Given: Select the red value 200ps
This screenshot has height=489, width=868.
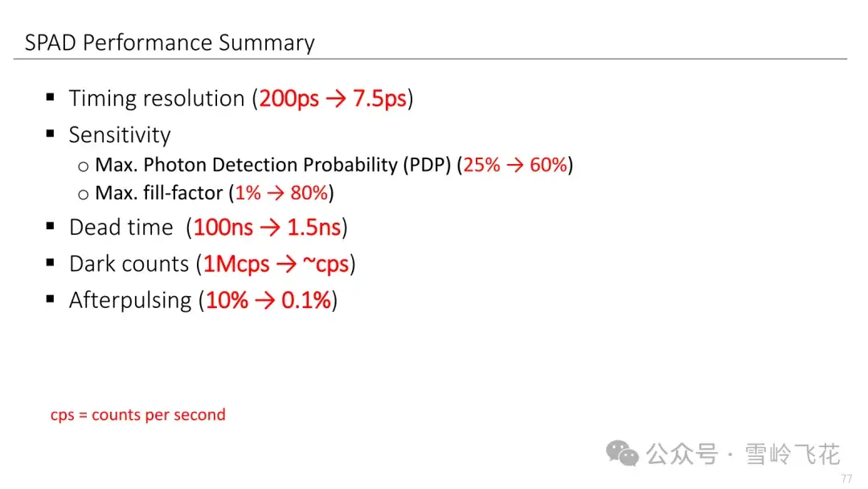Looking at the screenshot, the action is pos(289,99).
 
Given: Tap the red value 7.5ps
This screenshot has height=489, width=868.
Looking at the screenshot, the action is pos(379,99).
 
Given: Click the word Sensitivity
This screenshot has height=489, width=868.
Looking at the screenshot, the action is pos(120,135).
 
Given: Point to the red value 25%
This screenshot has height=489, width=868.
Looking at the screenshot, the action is pos(481,165).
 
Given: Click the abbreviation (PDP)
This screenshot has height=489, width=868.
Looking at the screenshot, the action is pos(427,165).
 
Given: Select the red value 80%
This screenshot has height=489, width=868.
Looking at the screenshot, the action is pos(309,193).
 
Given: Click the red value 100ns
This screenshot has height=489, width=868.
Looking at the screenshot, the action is pos(223,227).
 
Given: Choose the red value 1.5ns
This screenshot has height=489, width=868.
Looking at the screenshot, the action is pos(314,227).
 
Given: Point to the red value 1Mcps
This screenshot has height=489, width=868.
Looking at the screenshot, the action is pos(236,264).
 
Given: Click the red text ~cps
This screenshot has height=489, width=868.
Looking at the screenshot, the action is pos(326,264).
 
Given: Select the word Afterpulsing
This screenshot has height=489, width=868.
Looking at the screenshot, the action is pos(130,300).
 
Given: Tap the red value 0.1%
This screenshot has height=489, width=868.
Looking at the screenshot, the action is pos(306,300).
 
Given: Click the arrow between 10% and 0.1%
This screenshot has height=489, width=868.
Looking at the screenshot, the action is pos(265,301).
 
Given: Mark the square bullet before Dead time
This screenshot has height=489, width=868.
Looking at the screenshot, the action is pos(51,225).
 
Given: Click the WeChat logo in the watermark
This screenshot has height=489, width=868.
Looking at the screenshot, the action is pos(622,454).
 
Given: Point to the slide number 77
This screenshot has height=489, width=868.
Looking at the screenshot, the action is pos(846,479).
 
